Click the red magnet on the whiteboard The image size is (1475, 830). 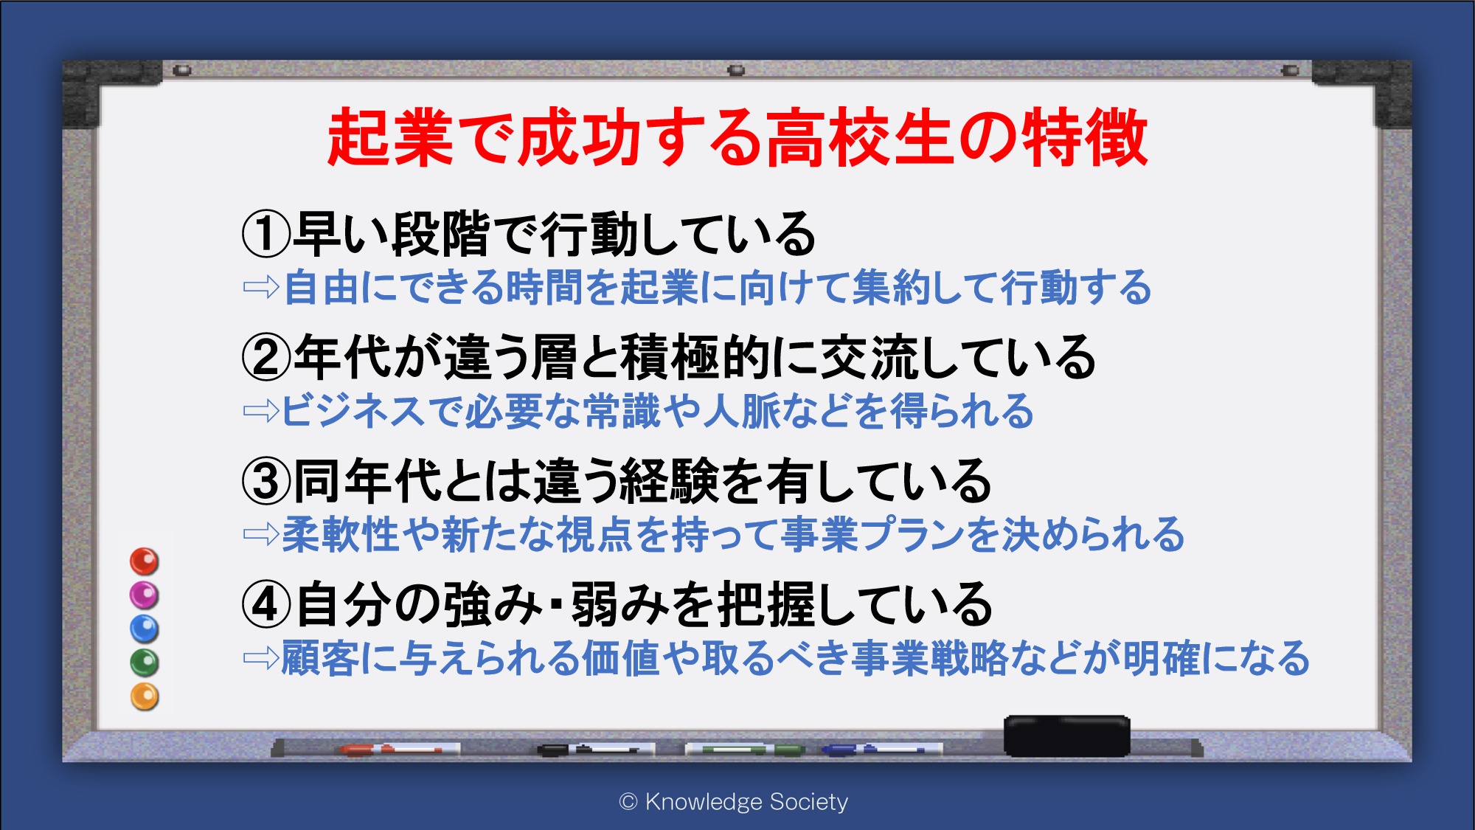(x=145, y=561)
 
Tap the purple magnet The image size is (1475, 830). (x=145, y=595)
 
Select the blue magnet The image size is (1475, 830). (x=145, y=629)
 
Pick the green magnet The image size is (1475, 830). (x=145, y=663)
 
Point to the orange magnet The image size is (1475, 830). (x=145, y=696)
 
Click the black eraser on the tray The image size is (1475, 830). (x=1066, y=736)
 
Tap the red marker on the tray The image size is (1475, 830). (x=391, y=750)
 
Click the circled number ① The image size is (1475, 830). (x=266, y=234)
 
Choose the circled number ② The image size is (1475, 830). (x=266, y=357)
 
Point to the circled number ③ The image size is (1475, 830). (x=266, y=481)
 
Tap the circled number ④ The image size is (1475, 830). (x=266, y=604)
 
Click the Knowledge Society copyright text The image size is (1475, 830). (x=734, y=801)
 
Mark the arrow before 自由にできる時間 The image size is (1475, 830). (x=262, y=287)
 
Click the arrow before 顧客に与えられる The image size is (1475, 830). (x=262, y=657)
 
